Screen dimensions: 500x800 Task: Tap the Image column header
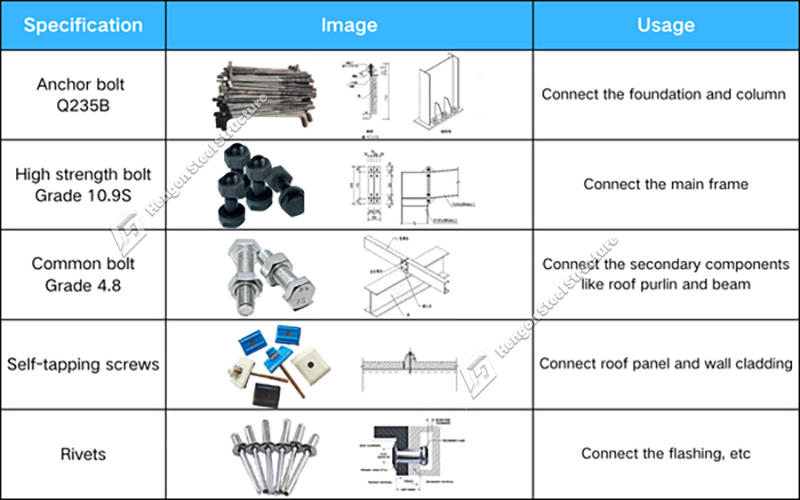point(349,25)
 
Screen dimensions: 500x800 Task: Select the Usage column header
point(665,25)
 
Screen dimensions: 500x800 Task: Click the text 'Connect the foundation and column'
point(664,94)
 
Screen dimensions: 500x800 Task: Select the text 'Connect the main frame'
point(665,184)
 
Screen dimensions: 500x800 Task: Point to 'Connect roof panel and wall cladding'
point(665,364)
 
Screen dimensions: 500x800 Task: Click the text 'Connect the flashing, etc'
point(665,455)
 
